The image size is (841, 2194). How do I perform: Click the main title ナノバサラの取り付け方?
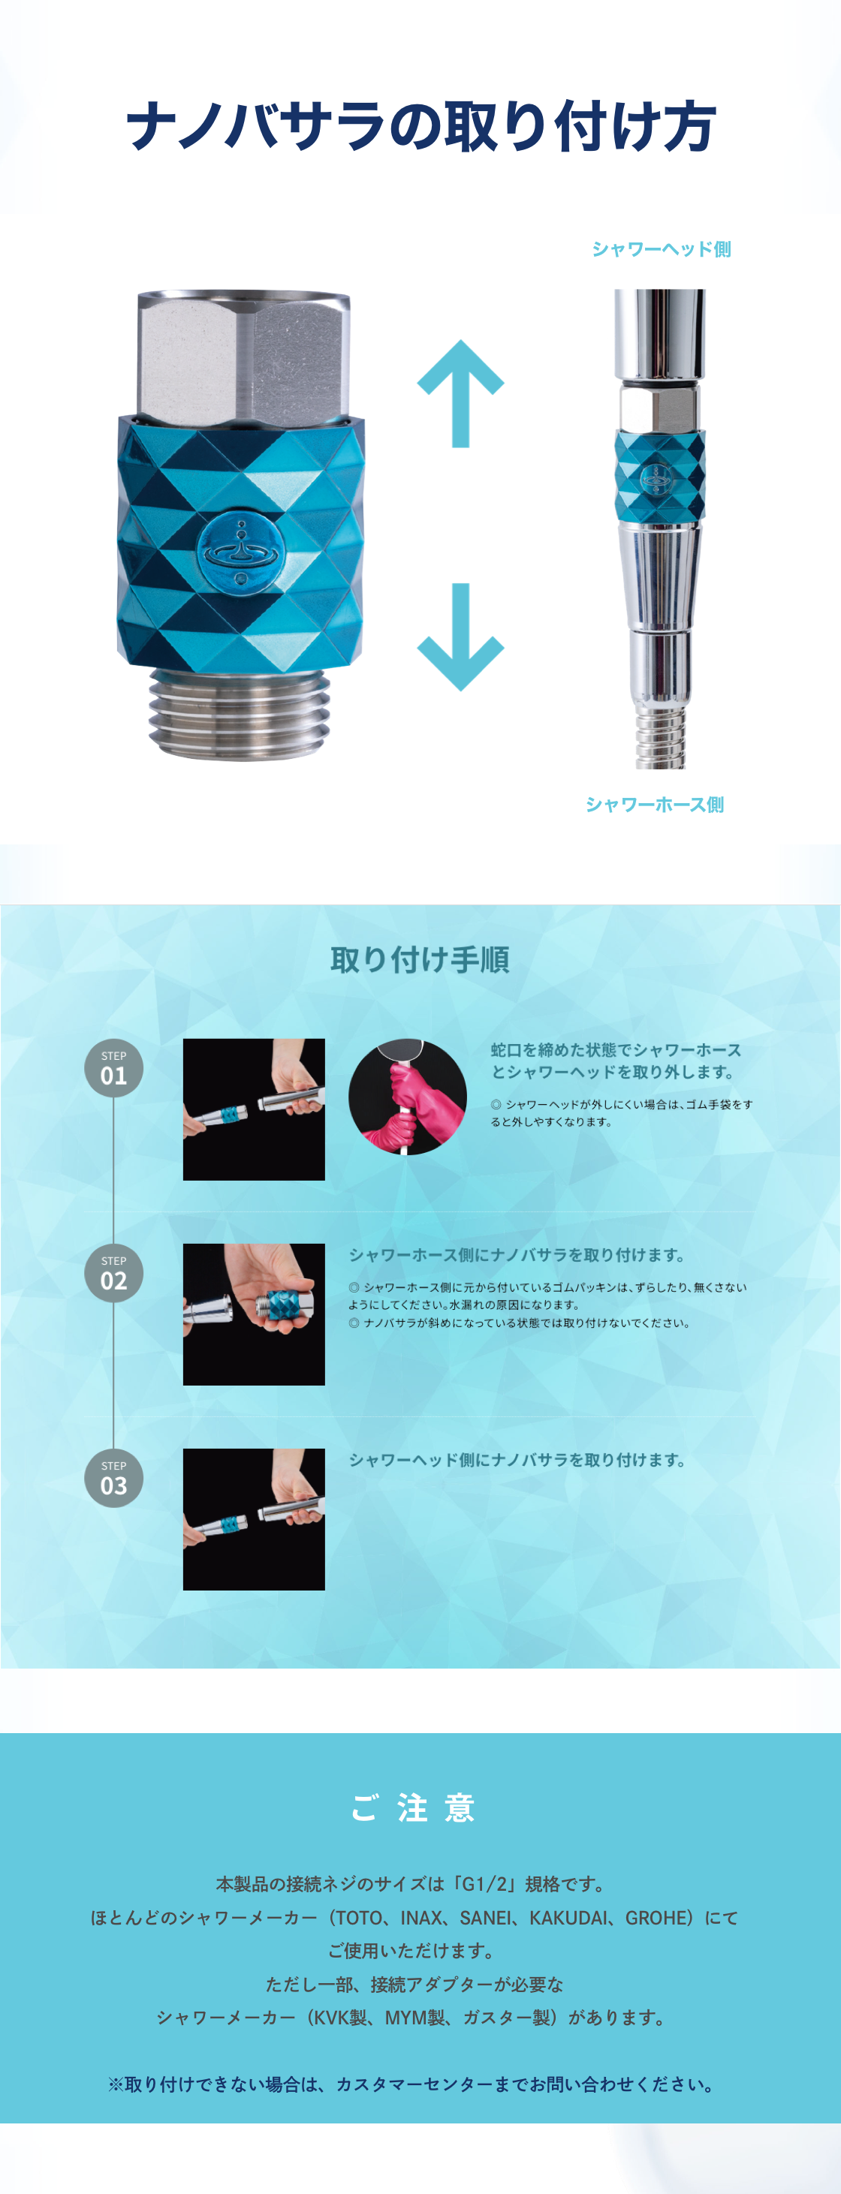click(x=421, y=126)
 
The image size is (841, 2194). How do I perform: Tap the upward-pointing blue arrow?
click(x=460, y=393)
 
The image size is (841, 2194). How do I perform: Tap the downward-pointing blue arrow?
click(x=460, y=637)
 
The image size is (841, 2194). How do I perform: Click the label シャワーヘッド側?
click(x=662, y=248)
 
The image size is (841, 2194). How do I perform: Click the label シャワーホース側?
click(x=654, y=804)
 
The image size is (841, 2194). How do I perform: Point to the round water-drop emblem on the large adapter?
click(x=241, y=551)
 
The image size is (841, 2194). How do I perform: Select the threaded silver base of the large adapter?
click(x=240, y=714)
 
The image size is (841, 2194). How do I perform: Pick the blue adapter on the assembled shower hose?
click(x=659, y=476)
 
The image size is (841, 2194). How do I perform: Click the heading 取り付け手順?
click(x=420, y=960)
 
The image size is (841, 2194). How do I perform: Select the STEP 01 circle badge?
click(x=113, y=1068)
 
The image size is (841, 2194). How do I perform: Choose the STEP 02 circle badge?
click(x=113, y=1273)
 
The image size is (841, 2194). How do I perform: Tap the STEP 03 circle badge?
click(x=113, y=1479)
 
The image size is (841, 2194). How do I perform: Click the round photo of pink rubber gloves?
click(x=407, y=1097)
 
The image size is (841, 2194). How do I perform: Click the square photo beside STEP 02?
click(x=254, y=1314)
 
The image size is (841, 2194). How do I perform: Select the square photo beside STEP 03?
click(x=254, y=1519)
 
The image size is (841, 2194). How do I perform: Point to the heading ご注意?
click(x=413, y=1807)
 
